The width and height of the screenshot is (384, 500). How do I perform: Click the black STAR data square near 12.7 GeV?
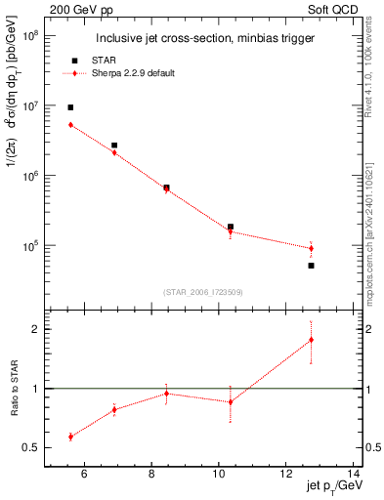[x=311, y=265]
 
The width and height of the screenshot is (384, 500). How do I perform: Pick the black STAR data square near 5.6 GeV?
[x=70, y=107]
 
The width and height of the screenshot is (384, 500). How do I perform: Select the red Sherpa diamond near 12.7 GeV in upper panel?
[x=311, y=248]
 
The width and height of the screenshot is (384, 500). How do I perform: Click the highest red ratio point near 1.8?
[x=311, y=340]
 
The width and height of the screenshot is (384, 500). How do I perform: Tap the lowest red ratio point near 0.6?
[x=70, y=437]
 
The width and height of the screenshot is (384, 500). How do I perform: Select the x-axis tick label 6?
[x=84, y=476]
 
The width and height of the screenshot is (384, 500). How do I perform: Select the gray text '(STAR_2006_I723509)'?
[x=202, y=291]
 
